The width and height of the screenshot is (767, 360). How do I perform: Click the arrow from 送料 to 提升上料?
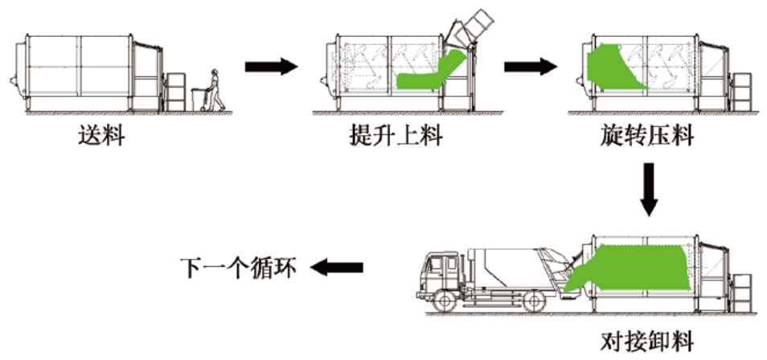[x=270, y=67]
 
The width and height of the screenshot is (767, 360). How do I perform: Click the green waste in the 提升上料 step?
[x=430, y=71]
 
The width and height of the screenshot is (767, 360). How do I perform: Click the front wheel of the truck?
[x=445, y=303]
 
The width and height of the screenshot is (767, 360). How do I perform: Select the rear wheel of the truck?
[x=532, y=303]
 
